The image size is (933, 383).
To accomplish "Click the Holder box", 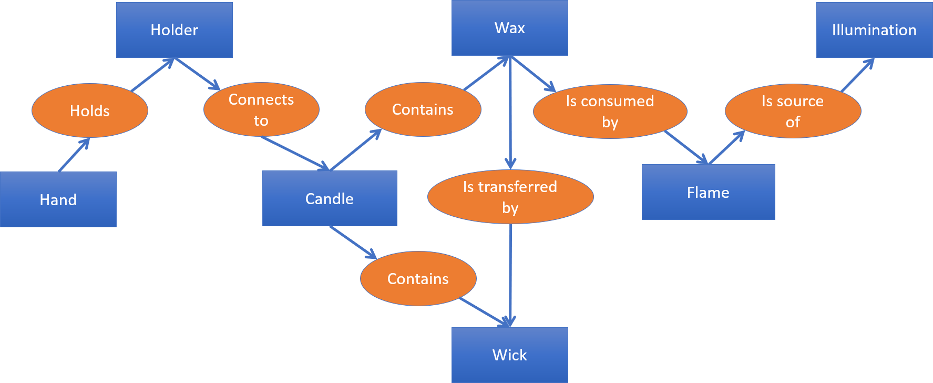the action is [x=175, y=30].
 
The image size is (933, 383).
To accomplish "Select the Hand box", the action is [x=58, y=199].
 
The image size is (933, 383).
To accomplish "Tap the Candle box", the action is [x=330, y=198].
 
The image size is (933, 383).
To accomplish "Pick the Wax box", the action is [x=510, y=28].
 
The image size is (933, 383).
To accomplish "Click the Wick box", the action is [x=510, y=355].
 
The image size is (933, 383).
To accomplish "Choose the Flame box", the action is [x=709, y=192].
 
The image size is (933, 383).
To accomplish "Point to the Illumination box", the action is [x=875, y=30].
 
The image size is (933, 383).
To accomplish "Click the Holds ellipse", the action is [x=90, y=110].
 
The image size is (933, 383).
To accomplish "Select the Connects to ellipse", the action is [x=261, y=109].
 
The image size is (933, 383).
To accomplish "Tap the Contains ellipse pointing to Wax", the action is [x=423, y=109].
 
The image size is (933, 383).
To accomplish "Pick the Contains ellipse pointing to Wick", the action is [x=418, y=279].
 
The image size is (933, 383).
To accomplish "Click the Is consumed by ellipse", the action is [x=610, y=112].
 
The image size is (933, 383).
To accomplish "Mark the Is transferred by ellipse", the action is [x=510, y=197].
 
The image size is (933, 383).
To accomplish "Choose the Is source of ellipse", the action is [x=793, y=111].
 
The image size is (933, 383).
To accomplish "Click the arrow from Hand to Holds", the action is [x=74, y=155].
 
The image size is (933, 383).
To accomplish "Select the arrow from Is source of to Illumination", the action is [x=858, y=75].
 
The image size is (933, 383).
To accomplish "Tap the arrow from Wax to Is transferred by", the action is [x=510, y=113].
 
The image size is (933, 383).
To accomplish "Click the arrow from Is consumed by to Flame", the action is [x=686, y=147].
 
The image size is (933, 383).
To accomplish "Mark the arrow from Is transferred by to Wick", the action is [x=510, y=276].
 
